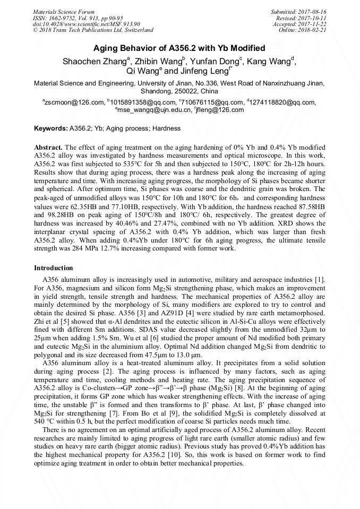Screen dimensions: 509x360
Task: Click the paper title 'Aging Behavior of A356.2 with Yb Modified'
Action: point(179,48)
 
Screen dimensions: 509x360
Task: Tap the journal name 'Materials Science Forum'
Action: point(64,12)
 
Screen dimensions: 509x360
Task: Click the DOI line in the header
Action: point(86,24)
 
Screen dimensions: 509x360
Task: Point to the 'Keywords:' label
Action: point(51,128)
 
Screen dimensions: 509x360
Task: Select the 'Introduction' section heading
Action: point(53,268)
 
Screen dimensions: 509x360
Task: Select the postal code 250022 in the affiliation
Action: point(175,91)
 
